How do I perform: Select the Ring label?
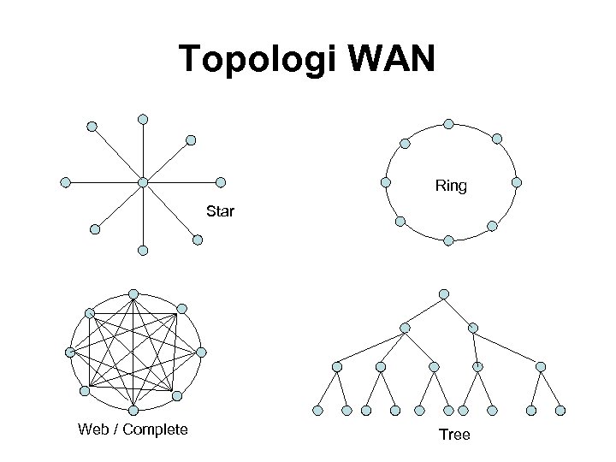coord(451,186)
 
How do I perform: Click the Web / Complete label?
coord(133,429)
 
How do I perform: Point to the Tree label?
coord(454,435)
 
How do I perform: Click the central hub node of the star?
coord(143,182)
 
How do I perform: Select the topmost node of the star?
coord(143,118)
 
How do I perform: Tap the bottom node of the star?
coord(143,251)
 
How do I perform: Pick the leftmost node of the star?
coord(65,182)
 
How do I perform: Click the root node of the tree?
coord(443,294)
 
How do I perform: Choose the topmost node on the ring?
coord(448,123)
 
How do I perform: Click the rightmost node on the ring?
coord(516,182)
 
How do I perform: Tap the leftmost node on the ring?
coord(386,182)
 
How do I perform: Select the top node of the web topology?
coord(133,293)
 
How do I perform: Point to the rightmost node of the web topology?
coord(201,352)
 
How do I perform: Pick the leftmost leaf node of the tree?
coord(318,411)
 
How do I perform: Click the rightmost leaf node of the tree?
coord(560,411)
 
